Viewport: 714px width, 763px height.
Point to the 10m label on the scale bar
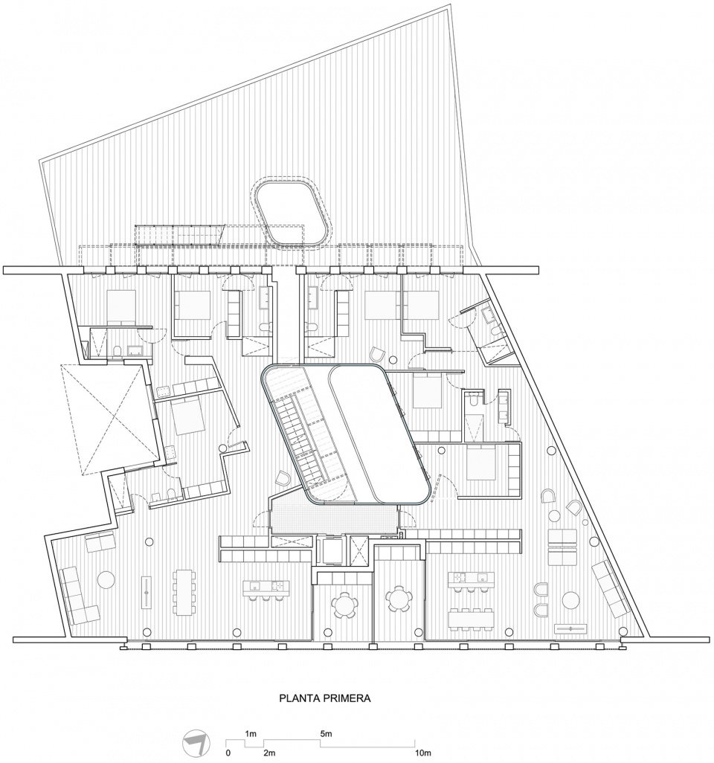422,753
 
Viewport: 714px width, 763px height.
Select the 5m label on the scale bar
326,734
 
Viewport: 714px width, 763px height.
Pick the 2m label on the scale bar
268,753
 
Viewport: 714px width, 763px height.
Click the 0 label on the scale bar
228,753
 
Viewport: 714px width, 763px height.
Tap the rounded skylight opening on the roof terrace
293,213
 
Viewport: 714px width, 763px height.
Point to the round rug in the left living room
107,579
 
